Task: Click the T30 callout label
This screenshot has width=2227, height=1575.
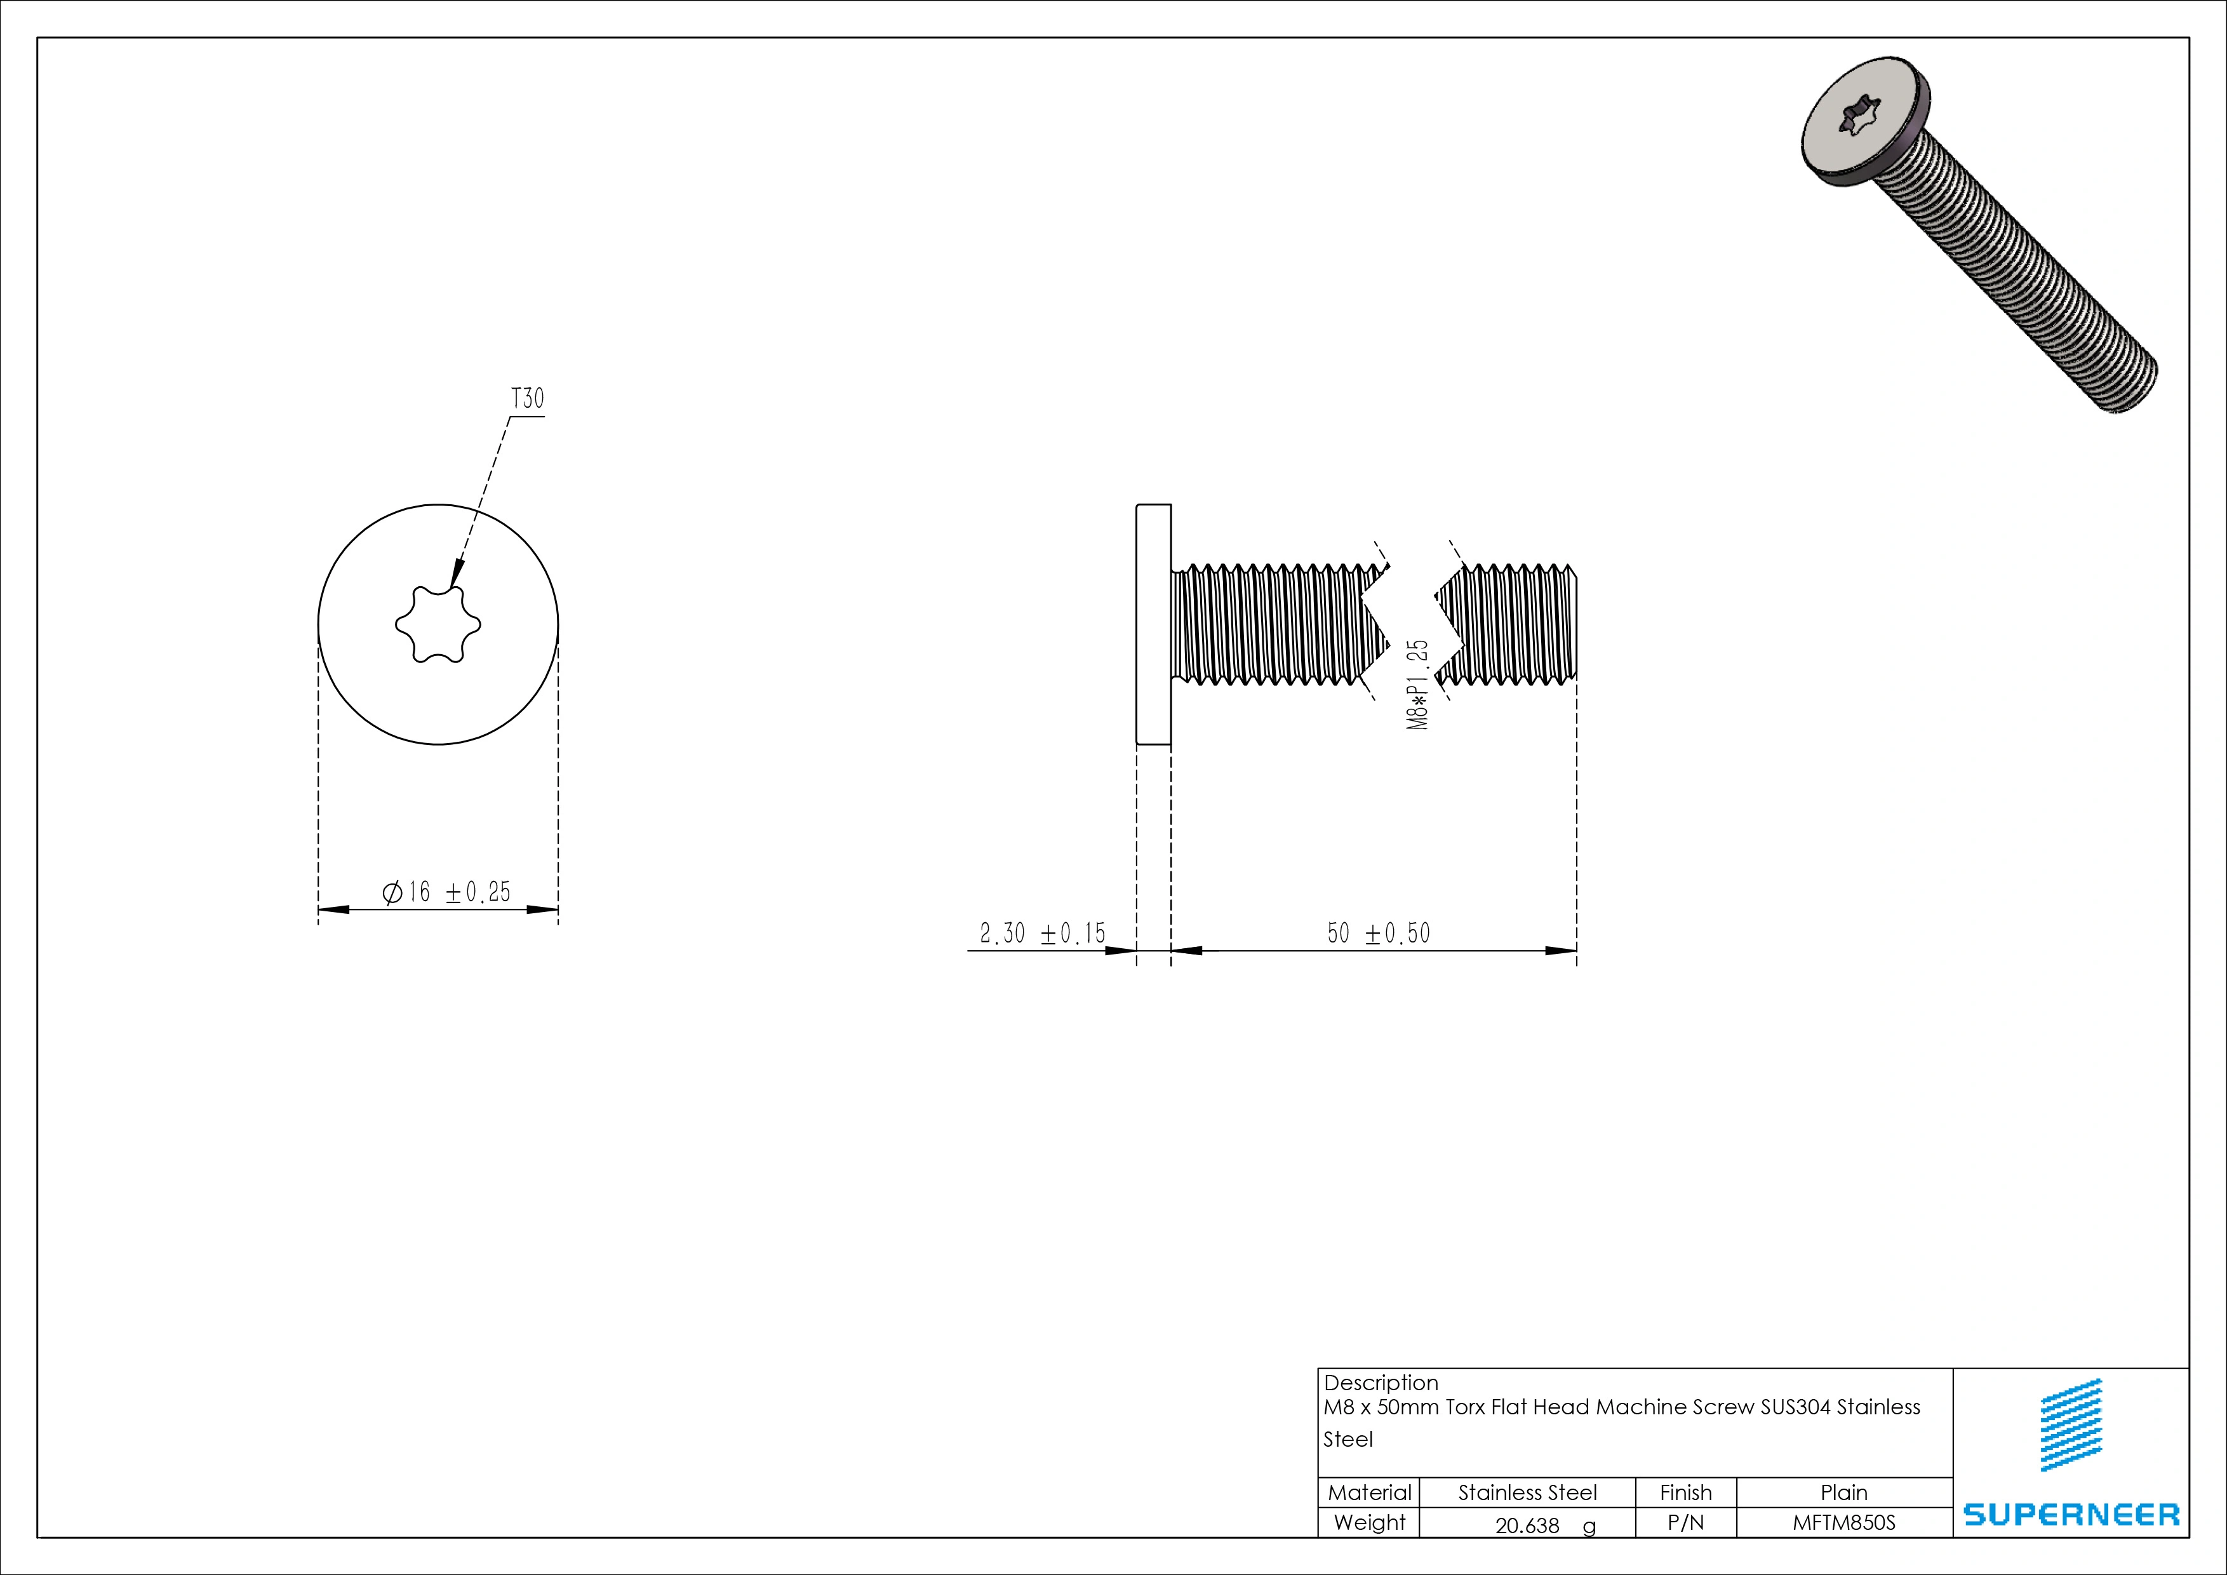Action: coord(528,399)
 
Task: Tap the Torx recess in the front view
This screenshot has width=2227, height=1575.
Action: coord(438,624)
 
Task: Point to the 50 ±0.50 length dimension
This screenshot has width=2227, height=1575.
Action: coord(1378,934)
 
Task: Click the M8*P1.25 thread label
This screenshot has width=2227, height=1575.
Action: coord(1418,684)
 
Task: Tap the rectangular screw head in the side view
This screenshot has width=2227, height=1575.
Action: coord(1153,624)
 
